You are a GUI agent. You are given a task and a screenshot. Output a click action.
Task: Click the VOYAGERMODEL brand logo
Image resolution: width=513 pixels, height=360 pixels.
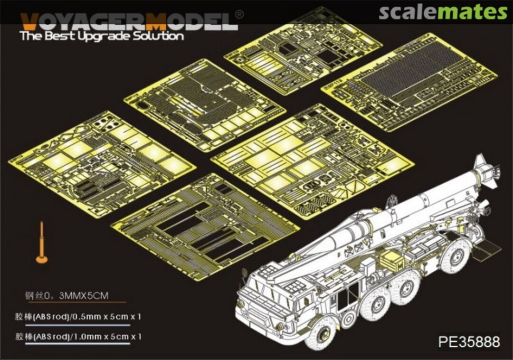click(128, 21)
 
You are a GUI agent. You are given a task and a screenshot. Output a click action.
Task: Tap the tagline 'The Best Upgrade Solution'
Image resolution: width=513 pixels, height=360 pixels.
click(102, 37)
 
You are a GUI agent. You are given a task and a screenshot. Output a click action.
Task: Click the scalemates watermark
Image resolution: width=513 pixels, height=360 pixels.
click(442, 12)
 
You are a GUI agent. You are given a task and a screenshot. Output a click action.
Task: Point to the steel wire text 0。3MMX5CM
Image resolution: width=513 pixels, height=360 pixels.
click(66, 295)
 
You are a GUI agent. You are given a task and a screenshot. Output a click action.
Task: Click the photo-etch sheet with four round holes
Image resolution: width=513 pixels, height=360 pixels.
click(102, 161)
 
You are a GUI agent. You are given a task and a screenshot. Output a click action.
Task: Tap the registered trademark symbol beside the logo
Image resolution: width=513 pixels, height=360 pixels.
click(239, 15)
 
